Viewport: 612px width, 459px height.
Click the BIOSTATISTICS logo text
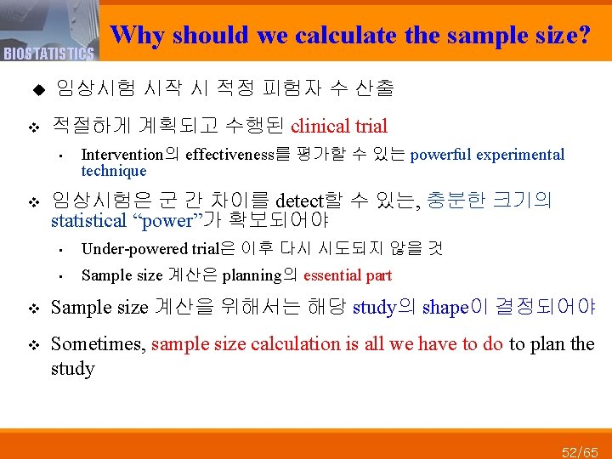[x=48, y=54]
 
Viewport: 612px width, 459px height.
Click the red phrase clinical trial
[x=339, y=127]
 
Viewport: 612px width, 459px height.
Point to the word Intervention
[x=122, y=155]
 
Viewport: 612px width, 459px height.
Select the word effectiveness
[x=229, y=155]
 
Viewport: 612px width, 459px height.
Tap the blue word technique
[x=114, y=170]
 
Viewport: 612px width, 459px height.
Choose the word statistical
[x=88, y=222]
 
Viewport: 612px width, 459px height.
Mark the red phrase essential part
[x=348, y=275]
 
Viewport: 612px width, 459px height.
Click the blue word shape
[x=445, y=308]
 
